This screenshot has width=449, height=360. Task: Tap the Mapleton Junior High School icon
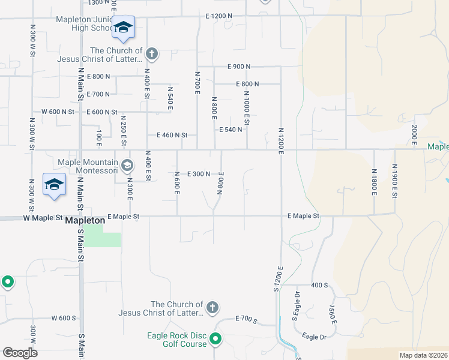[124, 28]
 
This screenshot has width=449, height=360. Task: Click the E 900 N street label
[238, 66]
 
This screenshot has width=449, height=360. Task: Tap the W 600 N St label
[58, 112]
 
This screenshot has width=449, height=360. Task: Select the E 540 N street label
[231, 130]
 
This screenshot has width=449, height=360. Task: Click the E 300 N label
[199, 174]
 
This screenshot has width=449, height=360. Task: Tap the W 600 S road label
[64, 318]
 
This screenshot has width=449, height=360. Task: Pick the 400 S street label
[318, 286]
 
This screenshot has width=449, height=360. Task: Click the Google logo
[19, 353]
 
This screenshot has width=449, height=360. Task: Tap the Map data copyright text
[423, 355]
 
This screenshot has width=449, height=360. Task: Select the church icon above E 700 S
[212, 308]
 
